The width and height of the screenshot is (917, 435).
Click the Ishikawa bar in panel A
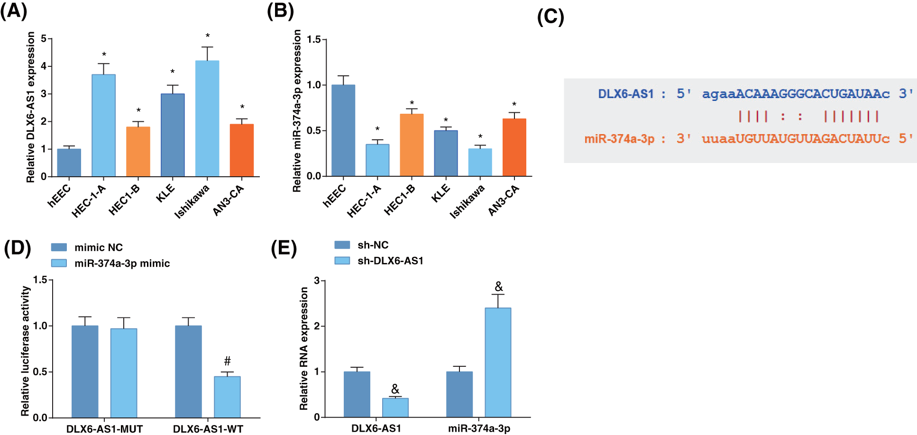[207, 118]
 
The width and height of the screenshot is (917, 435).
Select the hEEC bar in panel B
[343, 130]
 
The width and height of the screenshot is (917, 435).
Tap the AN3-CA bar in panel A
[242, 150]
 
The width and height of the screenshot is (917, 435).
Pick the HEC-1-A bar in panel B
[377, 160]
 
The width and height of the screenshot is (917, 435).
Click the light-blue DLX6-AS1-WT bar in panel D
[227, 397]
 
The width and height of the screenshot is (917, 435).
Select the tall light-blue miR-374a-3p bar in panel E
[498, 362]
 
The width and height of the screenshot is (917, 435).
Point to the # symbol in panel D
[228, 361]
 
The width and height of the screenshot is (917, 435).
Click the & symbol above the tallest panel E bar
[498, 287]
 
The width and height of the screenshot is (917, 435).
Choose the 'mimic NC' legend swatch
[59, 247]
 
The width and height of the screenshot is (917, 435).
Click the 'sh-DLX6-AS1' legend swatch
[342, 261]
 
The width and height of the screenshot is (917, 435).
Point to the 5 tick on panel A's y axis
[44, 38]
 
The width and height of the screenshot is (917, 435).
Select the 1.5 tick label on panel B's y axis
[313, 40]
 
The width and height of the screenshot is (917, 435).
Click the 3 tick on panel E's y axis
[317, 281]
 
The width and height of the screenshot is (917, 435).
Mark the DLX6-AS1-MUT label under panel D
[104, 429]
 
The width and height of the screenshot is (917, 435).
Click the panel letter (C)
[550, 17]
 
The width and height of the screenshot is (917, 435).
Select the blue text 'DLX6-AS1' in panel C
[625, 94]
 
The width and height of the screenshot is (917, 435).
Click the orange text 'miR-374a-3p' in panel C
[619, 139]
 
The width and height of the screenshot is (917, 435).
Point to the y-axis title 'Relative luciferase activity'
[25, 351]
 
